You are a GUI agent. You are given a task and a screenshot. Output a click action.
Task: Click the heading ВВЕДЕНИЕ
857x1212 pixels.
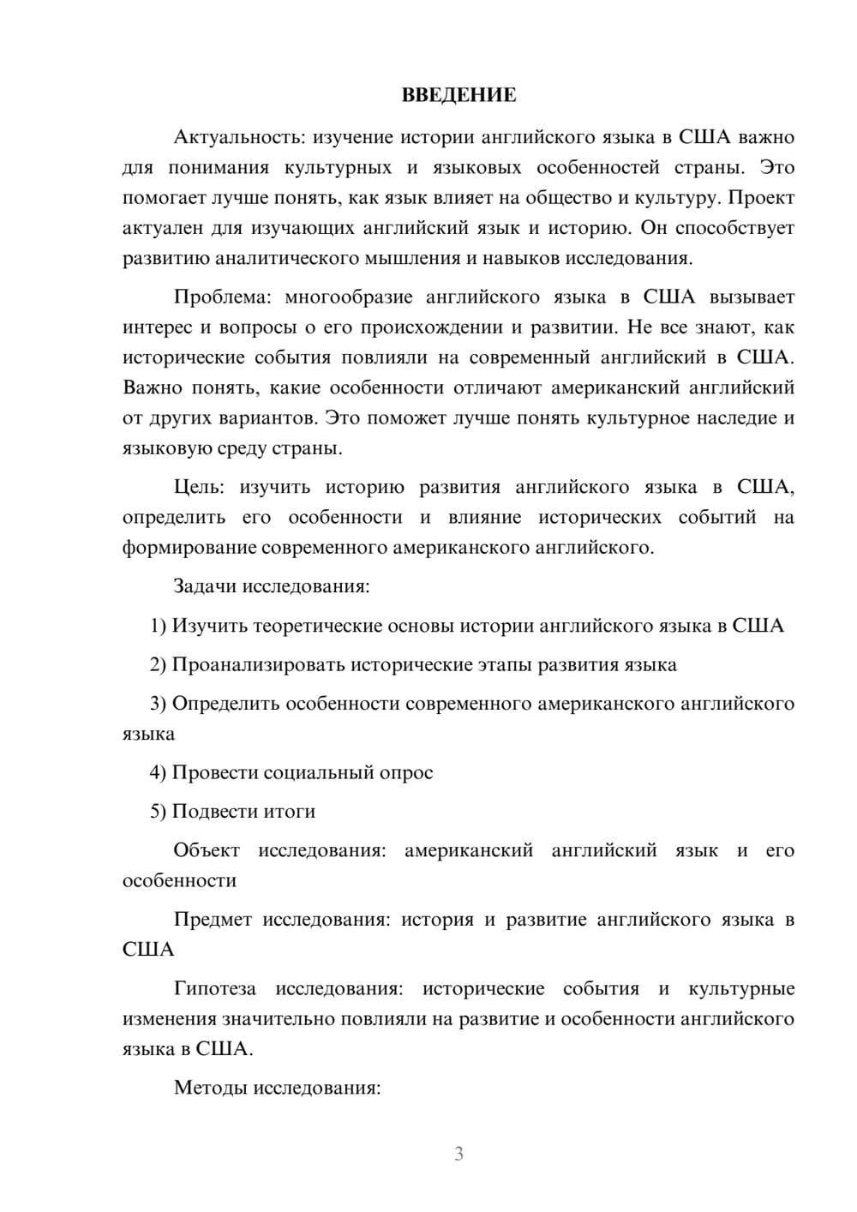[458, 95]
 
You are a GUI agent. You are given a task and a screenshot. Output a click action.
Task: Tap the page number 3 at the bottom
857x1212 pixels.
[458, 1154]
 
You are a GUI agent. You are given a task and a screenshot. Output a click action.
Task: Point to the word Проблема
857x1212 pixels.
[222, 297]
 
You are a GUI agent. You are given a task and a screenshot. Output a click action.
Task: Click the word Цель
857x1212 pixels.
[199, 488]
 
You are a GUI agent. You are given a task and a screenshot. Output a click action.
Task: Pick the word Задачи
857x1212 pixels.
[206, 587]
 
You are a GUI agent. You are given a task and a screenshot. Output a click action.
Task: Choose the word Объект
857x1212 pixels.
[207, 850]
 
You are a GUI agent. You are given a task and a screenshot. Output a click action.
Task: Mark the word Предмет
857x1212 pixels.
[213, 920]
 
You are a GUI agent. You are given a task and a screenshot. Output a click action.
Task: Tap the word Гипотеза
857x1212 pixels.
[215, 989]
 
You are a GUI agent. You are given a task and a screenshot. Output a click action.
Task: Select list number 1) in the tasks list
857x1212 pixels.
[159, 626]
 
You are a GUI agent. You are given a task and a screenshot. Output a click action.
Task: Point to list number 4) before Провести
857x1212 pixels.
[159, 773]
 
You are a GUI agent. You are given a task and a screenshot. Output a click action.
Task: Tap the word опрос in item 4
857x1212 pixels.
[405, 773]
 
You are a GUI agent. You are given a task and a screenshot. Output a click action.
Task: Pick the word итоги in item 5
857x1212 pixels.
[290, 812]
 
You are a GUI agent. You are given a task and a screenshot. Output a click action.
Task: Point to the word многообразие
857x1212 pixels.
[349, 297]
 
